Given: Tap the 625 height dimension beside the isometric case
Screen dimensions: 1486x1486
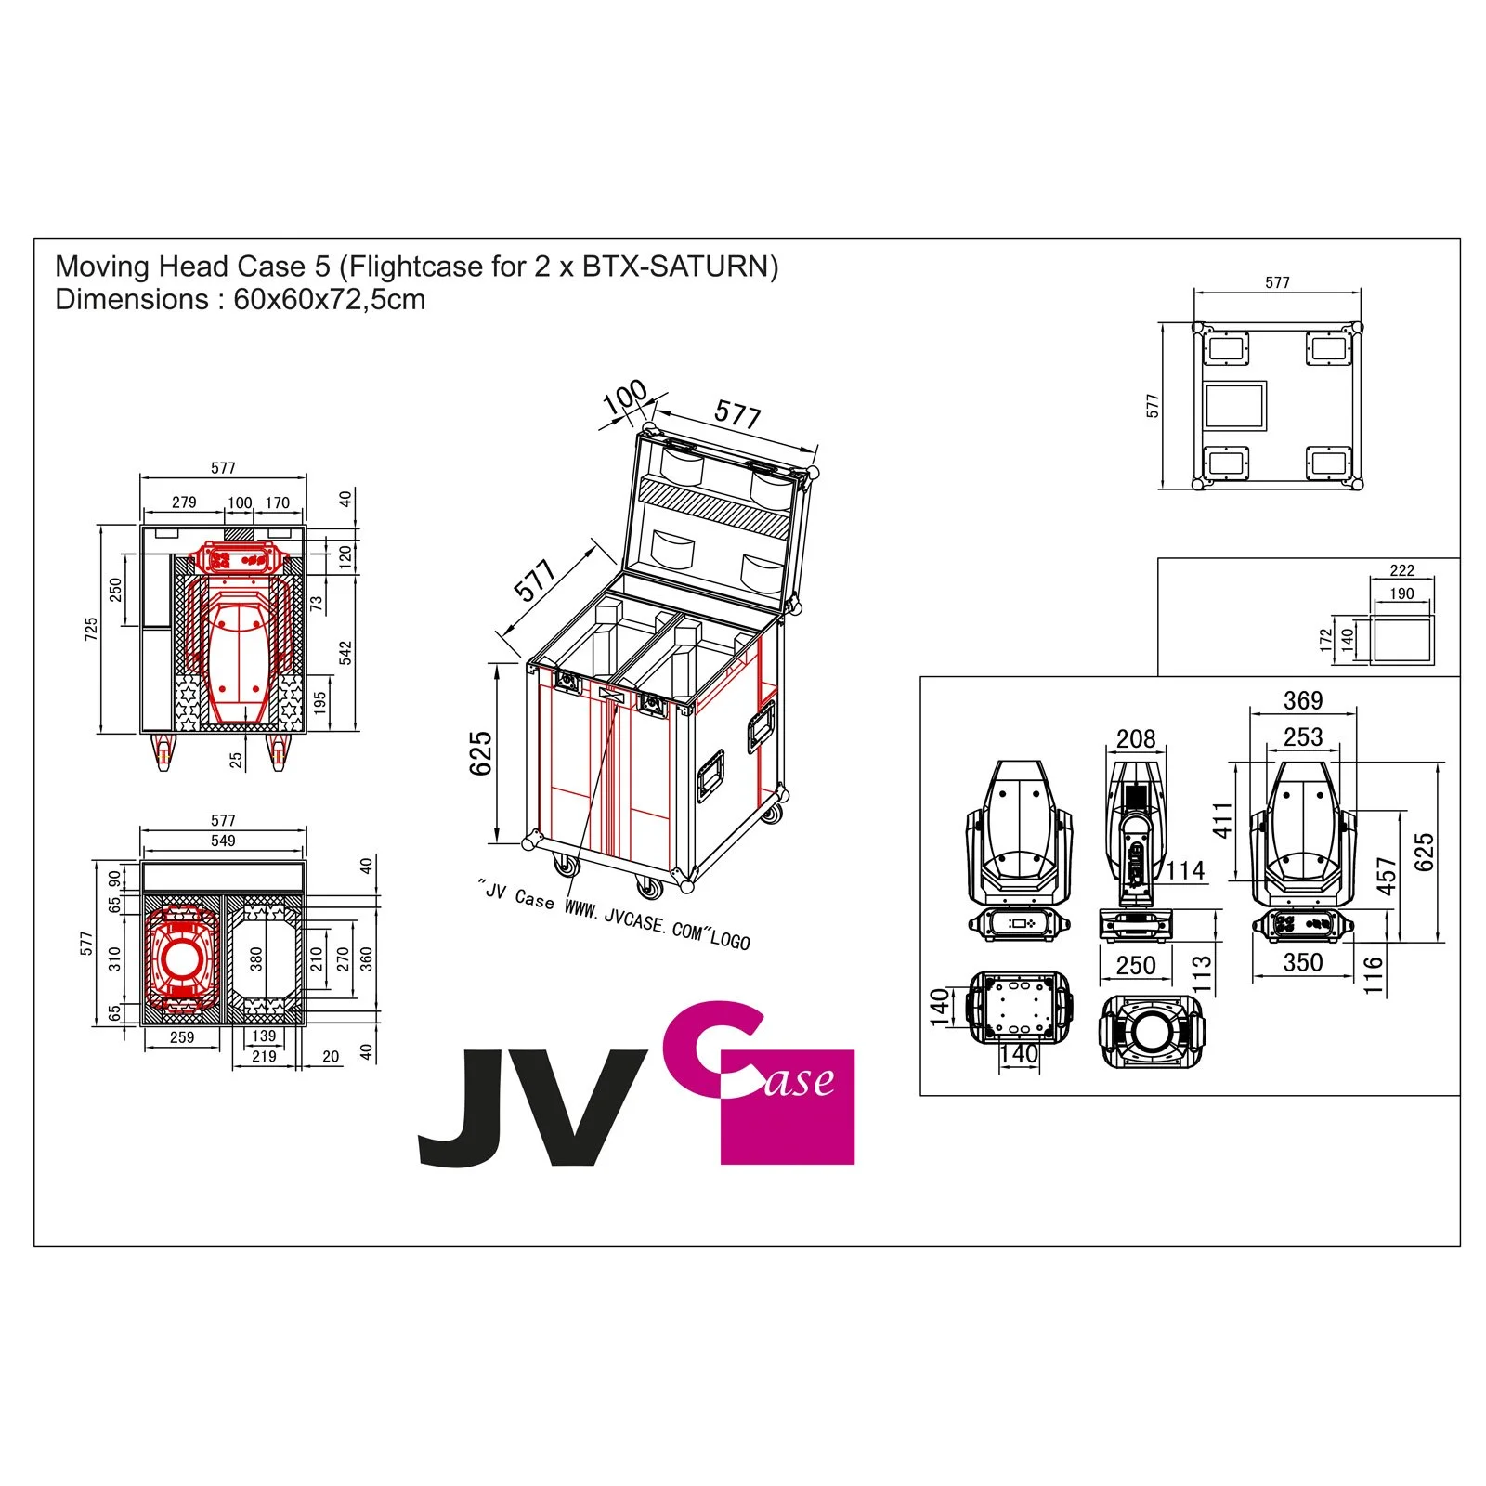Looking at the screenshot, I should pyautogui.click(x=480, y=753).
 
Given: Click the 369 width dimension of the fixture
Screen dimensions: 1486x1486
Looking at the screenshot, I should pyautogui.click(x=1302, y=701).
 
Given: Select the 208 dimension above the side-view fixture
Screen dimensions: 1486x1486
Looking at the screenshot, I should pyautogui.click(x=1135, y=739).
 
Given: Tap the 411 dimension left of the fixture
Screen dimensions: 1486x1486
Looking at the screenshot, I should pyautogui.click(x=1222, y=820).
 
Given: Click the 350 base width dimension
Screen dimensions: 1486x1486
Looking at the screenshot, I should pyautogui.click(x=1302, y=963).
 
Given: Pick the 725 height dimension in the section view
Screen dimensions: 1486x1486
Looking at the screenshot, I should pyautogui.click(x=91, y=629).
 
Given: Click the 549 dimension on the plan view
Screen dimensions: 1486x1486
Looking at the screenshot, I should pyautogui.click(x=223, y=841).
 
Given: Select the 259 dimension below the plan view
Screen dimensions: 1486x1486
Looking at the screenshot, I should pyautogui.click(x=182, y=1037).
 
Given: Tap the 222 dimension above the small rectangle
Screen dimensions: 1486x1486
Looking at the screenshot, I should pyautogui.click(x=1401, y=570).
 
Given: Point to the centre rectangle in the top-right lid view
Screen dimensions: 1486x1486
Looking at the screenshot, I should pyautogui.click(x=1234, y=406).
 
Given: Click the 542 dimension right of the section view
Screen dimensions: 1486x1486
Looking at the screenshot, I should pyautogui.click(x=345, y=653).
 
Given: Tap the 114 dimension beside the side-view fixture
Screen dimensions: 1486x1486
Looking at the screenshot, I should pyautogui.click(x=1185, y=870).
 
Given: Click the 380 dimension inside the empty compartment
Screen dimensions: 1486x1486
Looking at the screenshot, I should pyautogui.click(x=256, y=958).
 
